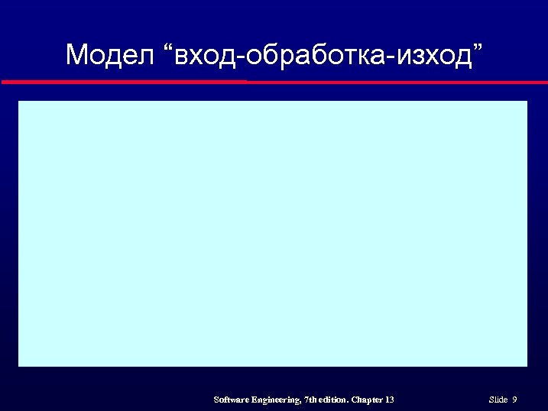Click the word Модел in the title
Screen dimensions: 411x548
coord(110,55)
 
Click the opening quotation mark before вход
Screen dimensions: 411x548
coord(169,48)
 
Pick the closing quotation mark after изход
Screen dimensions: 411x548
coord(478,48)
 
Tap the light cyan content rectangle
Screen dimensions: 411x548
coord(273,233)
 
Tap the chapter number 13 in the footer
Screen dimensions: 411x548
coord(390,400)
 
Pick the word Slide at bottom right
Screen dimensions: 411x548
coord(498,400)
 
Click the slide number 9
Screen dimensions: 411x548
coord(515,400)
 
